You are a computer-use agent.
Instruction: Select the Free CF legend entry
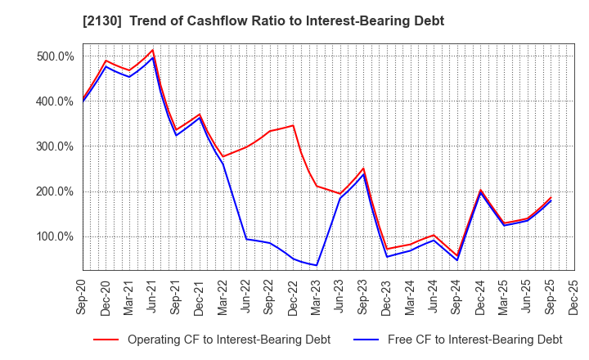coord(474,339)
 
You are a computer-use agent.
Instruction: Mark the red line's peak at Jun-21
coord(153,50)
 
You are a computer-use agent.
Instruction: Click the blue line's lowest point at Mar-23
coord(317,265)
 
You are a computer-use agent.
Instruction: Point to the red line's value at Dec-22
coord(293,125)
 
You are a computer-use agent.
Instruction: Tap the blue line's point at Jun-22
coord(246,239)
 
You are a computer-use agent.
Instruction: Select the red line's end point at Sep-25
coord(551,197)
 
